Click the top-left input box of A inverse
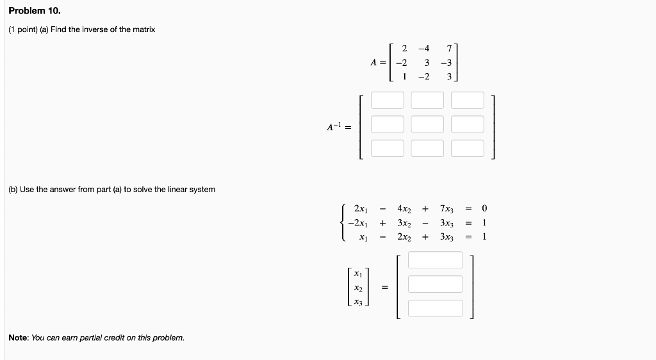388,101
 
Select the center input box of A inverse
427,124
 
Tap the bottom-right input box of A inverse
468,149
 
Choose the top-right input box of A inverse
468,101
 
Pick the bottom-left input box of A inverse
388,149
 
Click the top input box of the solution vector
435,260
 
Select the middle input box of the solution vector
435,284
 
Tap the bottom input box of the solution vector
435,308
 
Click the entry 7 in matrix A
450,49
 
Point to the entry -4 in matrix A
423,49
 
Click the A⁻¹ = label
339,127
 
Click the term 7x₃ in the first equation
447,209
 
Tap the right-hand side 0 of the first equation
485,209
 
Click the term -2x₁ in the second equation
357,223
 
